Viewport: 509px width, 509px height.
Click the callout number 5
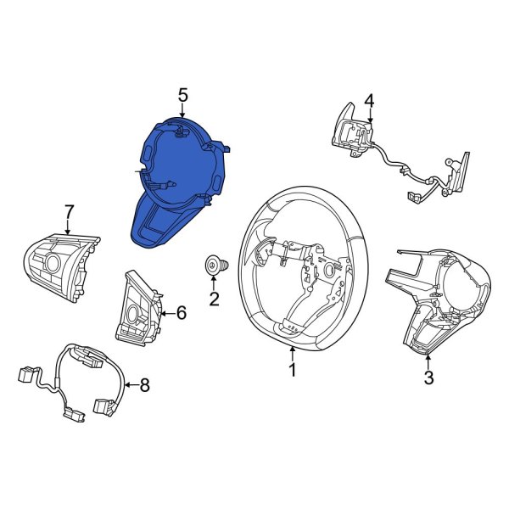pos(182,96)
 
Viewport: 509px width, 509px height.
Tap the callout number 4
pos(369,100)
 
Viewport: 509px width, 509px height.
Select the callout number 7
pos(70,212)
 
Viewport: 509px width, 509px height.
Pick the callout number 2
pos(214,299)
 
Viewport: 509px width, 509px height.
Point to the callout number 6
pos(182,313)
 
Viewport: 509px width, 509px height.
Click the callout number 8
pos(144,385)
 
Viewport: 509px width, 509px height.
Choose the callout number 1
pos(293,370)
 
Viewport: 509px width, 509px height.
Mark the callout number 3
pos(428,378)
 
